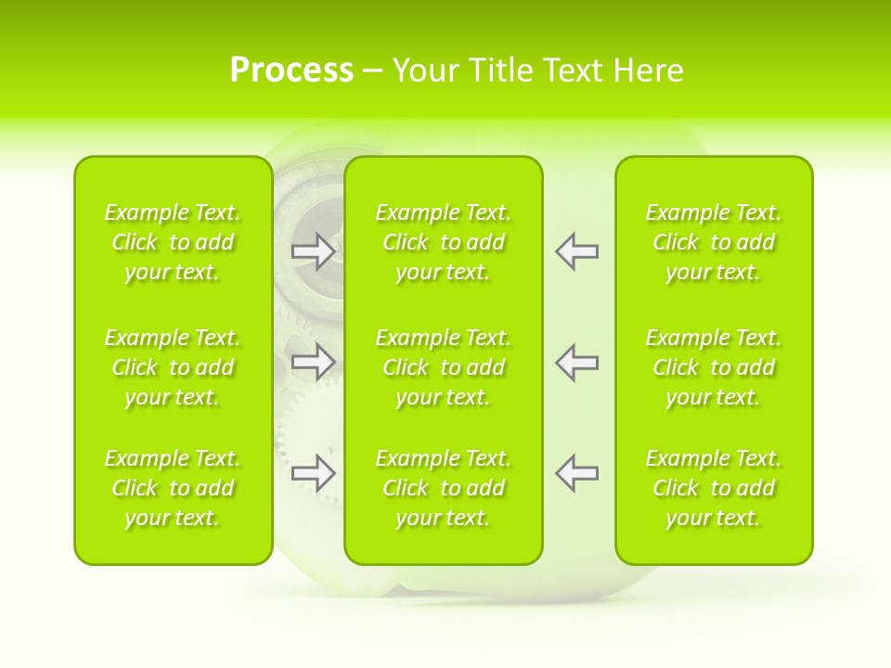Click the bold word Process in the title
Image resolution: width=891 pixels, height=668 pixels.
coord(291,71)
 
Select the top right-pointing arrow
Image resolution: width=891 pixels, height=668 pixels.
coord(314,251)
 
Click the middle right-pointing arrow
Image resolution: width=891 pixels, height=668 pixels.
coord(314,362)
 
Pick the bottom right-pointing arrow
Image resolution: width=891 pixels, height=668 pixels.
coord(314,473)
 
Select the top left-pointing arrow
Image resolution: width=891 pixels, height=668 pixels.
coord(576,251)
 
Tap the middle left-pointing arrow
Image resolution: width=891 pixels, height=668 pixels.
coord(576,362)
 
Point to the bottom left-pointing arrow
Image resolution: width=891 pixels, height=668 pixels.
coord(576,473)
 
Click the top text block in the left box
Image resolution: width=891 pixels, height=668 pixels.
coord(173,242)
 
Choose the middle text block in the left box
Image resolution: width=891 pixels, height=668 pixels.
coord(173,367)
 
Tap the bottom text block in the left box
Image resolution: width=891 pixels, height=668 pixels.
coord(173,488)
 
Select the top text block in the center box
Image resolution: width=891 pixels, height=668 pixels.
coord(443,242)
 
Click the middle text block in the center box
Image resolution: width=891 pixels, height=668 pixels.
coord(443,367)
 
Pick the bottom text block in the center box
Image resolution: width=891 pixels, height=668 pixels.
coord(443,488)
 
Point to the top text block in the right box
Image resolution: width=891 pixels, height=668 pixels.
coord(713,242)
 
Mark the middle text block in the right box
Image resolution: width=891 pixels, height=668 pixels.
coord(713,367)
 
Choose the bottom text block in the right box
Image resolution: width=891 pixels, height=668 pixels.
coord(713,488)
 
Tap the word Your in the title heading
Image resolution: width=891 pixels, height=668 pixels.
coord(424,71)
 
